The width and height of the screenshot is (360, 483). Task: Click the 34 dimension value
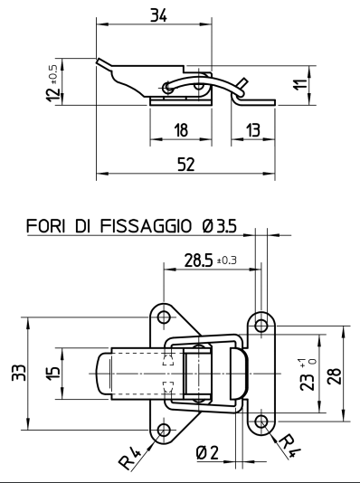click(158, 15)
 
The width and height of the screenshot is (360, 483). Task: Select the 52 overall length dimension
click(186, 165)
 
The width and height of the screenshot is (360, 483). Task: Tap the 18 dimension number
click(181, 130)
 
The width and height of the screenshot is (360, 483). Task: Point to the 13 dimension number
click(253, 130)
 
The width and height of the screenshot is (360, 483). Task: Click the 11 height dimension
click(300, 84)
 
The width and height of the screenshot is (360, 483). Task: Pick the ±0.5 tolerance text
click(52, 74)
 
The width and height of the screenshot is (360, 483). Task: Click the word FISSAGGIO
click(146, 226)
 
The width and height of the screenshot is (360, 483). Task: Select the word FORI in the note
click(45, 226)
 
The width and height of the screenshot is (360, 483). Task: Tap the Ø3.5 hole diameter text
click(220, 226)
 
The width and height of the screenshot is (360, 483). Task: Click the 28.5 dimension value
click(198, 260)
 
